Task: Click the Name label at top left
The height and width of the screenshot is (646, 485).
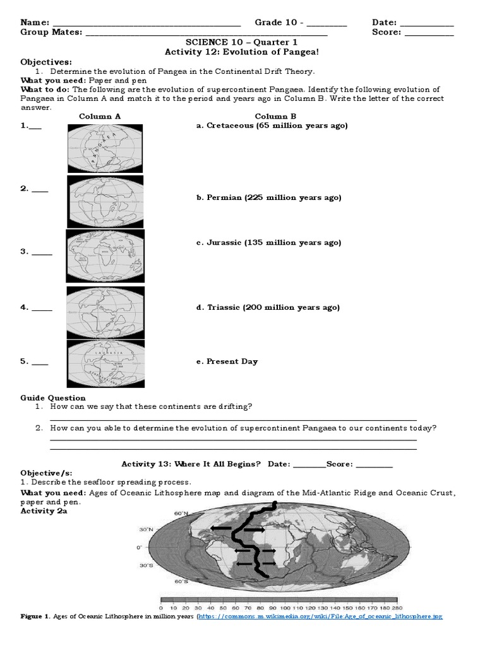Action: click(x=35, y=23)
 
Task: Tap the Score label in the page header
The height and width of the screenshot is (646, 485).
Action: click(x=386, y=33)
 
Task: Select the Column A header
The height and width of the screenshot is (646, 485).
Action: click(x=100, y=116)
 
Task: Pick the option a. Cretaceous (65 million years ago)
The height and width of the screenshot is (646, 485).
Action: click(x=272, y=126)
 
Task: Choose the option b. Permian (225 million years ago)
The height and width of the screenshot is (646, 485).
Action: click(x=269, y=197)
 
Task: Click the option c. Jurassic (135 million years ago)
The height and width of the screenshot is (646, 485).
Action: click(x=269, y=242)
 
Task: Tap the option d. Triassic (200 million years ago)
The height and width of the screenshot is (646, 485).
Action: click(x=268, y=307)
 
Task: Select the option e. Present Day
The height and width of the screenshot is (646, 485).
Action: click(x=227, y=361)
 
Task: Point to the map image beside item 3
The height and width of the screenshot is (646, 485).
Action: click(x=105, y=255)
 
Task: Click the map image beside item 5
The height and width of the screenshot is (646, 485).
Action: click(x=105, y=363)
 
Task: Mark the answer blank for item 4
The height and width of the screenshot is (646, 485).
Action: click(x=42, y=308)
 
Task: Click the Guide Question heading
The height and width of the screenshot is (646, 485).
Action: click(x=53, y=397)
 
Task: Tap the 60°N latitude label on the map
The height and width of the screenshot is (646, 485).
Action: click(x=182, y=513)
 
